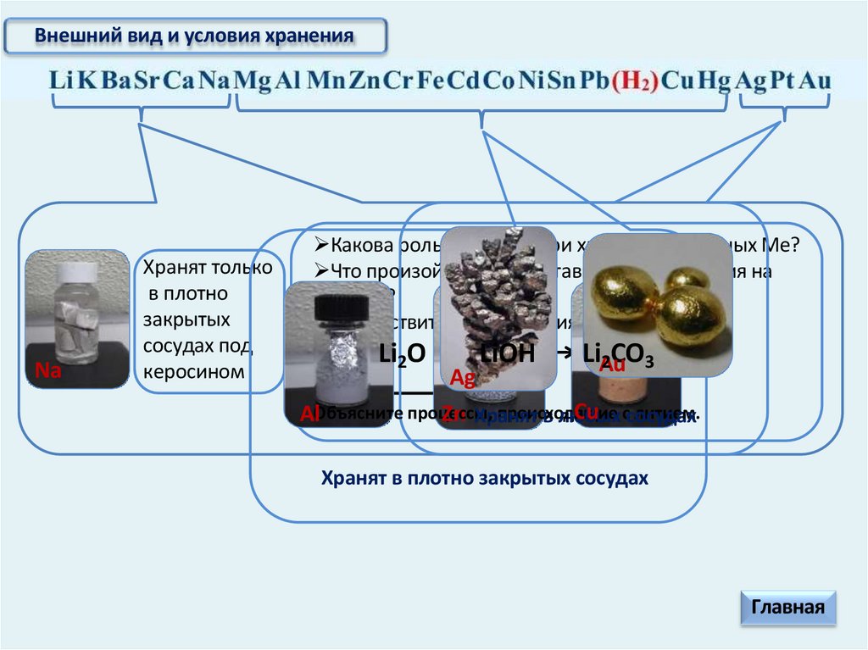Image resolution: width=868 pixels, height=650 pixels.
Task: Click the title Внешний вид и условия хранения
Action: click(194, 36)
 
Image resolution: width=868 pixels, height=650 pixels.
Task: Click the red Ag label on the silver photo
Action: click(463, 378)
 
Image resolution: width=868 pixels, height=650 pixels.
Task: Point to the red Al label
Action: click(309, 414)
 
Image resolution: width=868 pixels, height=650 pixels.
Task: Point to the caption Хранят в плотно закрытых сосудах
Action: click(484, 478)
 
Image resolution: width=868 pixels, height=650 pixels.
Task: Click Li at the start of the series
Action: click(63, 81)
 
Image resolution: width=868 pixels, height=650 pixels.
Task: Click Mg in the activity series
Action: click(253, 81)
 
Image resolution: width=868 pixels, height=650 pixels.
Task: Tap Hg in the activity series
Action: click(713, 81)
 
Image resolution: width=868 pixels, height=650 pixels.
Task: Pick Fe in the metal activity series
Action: click(432, 81)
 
